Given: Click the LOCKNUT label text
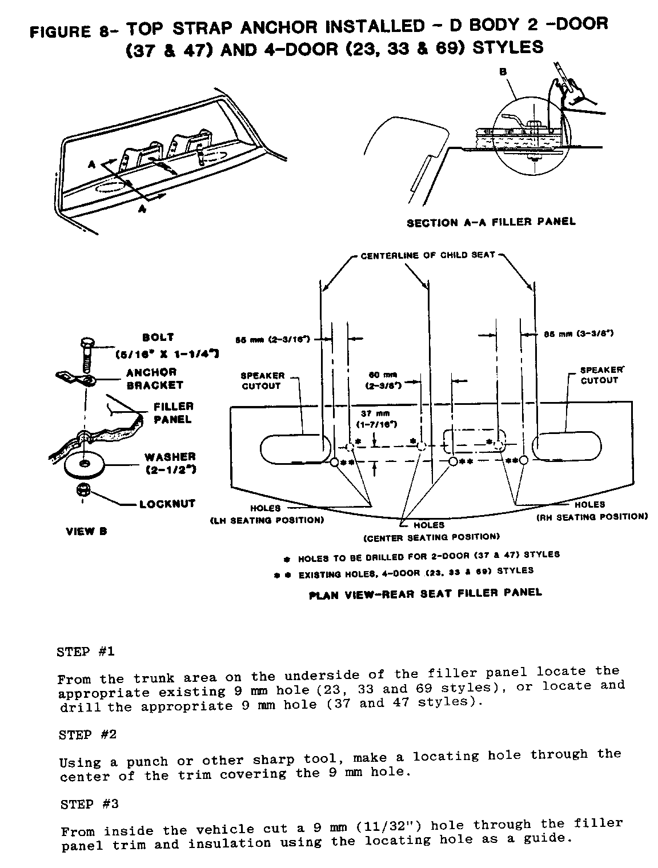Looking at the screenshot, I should pos(167,504).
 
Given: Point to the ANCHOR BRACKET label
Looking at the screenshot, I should pos(151,379).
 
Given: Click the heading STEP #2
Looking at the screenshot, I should pos(88,734).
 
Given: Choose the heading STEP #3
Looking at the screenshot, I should pos(89,804).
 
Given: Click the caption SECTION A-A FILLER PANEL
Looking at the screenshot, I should pos(491,222).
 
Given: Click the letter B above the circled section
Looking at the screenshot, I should pos(503,72).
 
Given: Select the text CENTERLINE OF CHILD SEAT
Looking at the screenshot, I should pos(428,255).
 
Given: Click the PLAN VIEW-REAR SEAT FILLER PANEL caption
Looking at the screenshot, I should pos(425,593).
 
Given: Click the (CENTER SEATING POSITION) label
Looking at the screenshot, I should pos(432,537).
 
